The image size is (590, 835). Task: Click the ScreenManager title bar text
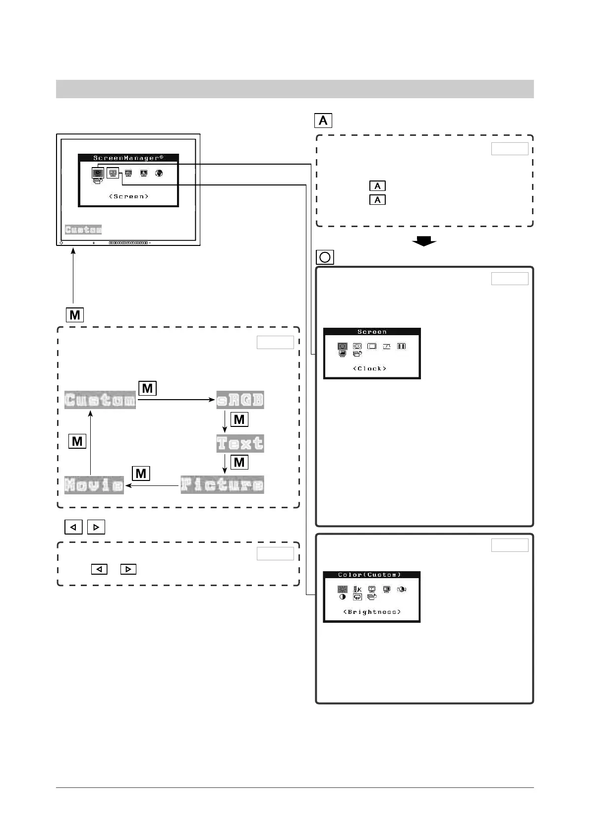tap(128, 158)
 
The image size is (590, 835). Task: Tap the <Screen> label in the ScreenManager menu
tap(128, 196)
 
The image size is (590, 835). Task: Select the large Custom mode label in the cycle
tap(100, 400)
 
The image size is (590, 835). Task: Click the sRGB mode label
tap(240, 400)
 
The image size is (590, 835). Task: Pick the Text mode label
tap(240, 443)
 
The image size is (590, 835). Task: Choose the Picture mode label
tap(222, 485)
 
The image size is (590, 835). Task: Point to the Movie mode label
tap(94, 485)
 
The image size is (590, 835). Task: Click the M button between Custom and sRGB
tap(147, 388)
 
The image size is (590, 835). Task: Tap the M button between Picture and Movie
tap(141, 474)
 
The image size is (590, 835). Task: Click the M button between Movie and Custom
tap(77, 441)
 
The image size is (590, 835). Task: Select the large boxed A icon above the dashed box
tap(323, 120)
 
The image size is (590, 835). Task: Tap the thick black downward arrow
tap(424, 241)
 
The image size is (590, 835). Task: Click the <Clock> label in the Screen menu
tap(370, 368)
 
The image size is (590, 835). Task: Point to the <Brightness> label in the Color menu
tap(372, 612)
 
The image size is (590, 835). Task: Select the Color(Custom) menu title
tap(370, 575)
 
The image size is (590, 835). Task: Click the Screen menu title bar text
tap(372, 332)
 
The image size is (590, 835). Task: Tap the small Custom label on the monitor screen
tap(83, 230)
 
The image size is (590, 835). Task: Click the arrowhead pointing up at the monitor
tap(73, 251)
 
